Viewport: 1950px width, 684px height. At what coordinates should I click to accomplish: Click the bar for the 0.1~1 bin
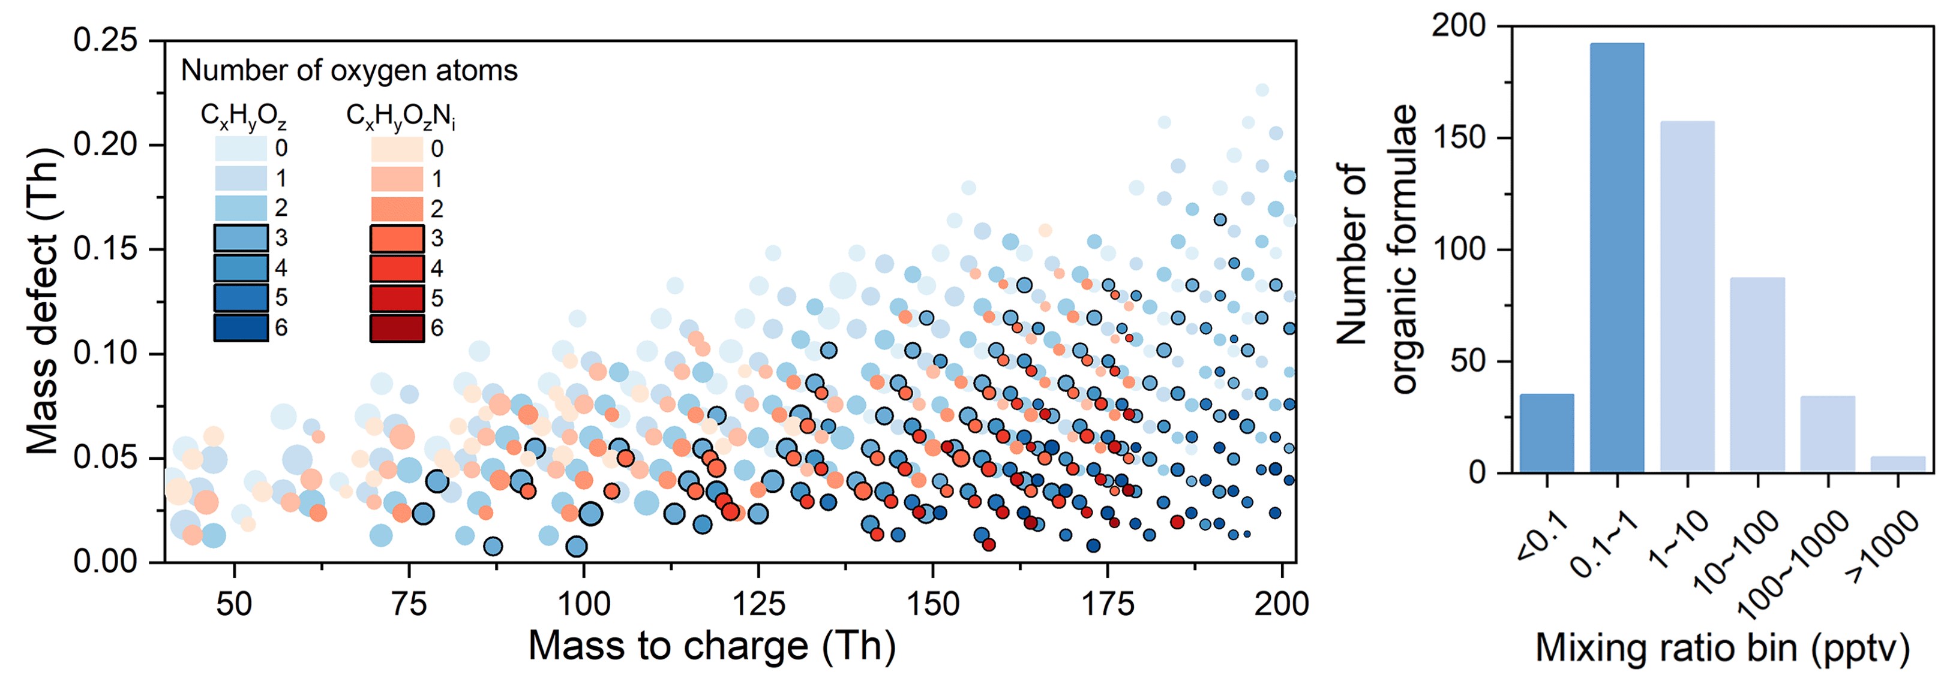click(x=1617, y=257)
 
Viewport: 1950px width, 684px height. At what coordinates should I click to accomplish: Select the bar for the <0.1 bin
click(x=1547, y=433)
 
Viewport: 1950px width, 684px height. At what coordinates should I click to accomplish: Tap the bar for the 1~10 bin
click(x=1687, y=297)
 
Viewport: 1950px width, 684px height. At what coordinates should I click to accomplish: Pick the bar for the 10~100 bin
click(x=1757, y=375)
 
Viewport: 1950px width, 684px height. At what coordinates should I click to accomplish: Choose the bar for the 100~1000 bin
click(x=1828, y=433)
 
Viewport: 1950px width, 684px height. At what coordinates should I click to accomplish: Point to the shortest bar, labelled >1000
click(x=1898, y=464)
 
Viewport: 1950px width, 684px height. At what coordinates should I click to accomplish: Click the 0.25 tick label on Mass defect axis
click(x=106, y=40)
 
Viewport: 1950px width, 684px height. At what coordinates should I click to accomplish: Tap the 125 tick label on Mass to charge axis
click(x=758, y=604)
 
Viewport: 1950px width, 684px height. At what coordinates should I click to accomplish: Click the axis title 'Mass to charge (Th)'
click(x=712, y=646)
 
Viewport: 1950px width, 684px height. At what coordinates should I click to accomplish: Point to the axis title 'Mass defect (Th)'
click(x=43, y=300)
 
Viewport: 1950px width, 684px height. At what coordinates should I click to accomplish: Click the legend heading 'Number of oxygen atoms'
click(x=349, y=70)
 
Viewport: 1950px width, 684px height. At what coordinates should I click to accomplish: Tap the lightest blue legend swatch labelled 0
click(x=241, y=148)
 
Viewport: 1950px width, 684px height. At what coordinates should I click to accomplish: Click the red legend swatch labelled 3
click(x=397, y=239)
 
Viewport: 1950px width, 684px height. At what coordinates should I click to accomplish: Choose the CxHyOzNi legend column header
click(x=400, y=116)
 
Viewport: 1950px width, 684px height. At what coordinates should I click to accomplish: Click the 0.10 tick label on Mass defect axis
click(x=106, y=353)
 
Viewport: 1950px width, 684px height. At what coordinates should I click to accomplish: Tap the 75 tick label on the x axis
click(x=409, y=604)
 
